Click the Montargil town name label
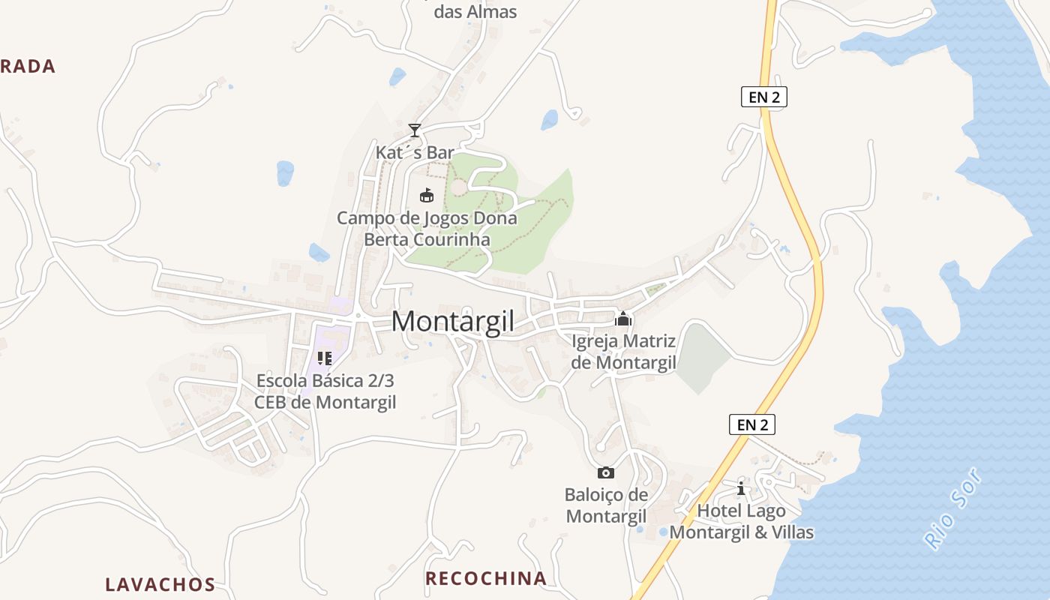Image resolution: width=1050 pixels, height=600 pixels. (x=453, y=321)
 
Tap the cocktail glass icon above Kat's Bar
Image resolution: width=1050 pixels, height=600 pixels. (x=414, y=130)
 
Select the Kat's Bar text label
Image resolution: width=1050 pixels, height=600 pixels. (x=415, y=153)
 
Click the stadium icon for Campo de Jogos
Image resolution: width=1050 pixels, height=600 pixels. (x=427, y=196)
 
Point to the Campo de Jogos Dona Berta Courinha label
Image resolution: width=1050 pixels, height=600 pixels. (x=427, y=229)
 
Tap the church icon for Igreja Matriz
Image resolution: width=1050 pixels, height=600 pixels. (x=623, y=319)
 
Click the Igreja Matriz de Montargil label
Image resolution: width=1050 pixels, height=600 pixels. (x=623, y=352)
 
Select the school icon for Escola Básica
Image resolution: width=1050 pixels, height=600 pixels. (x=324, y=358)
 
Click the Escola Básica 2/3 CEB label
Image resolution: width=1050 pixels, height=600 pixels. (x=325, y=391)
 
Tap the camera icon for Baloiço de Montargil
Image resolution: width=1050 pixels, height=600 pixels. (x=606, y=472)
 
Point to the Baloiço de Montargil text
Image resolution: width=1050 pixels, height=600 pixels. (x=606, y=505)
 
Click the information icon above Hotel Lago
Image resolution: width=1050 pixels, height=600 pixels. (x=741, y=488)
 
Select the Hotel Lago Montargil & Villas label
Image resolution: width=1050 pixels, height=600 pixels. (x=741, y=521)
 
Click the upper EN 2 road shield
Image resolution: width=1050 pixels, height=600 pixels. (x=763, y=97)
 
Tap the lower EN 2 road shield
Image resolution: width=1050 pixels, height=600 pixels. (x=752, y=424)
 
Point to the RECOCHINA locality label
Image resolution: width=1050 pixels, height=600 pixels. (x=485, y=578)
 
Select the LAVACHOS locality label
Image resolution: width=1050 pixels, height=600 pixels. (x=160, y=584)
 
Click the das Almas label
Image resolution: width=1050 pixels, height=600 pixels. (x=475, y=12)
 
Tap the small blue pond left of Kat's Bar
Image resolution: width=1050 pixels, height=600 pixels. (x=285, y=173)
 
